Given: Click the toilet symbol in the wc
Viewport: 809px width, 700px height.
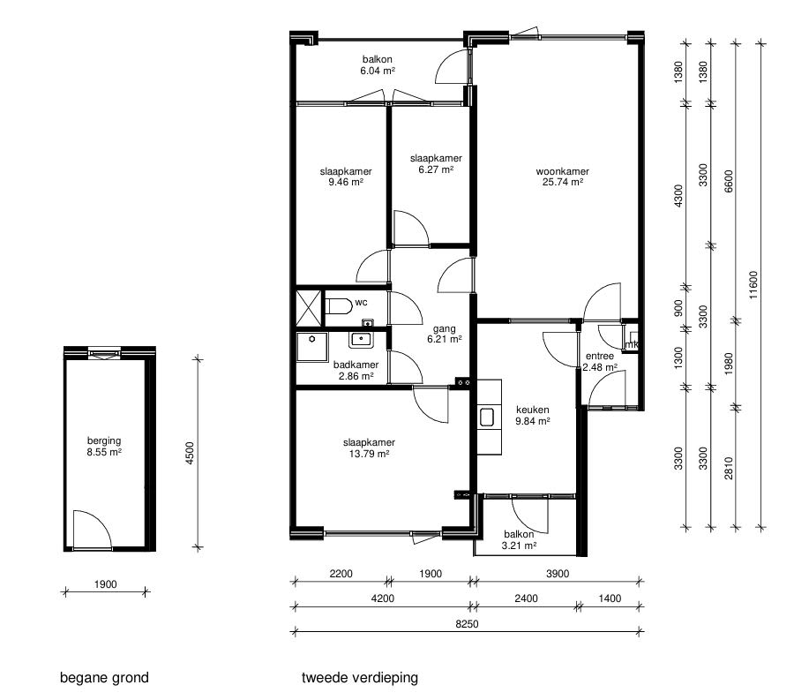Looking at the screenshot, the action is [339, 305].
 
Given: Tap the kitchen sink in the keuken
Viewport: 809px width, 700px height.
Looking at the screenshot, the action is [486, 418].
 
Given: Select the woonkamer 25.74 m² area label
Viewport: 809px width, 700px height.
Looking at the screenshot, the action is [562, 177].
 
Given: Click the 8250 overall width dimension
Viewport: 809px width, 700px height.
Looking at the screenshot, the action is [467, 623].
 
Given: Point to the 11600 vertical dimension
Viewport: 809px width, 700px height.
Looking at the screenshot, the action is [753, 285].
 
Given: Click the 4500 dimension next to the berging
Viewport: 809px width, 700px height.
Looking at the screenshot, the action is [190, 453].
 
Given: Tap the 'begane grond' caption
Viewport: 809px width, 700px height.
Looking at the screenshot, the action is [104, 678].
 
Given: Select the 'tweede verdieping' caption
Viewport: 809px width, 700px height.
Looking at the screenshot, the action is [360, 677].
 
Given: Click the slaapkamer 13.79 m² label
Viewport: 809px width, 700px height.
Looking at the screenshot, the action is [369, 448].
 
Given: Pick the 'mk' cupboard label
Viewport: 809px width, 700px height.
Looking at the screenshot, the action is [632, 344].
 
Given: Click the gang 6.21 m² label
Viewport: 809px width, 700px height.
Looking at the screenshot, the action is [445, 334].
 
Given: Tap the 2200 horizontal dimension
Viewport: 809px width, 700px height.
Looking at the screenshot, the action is [341, 574].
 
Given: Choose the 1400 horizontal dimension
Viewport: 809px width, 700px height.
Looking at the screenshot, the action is [610, 598].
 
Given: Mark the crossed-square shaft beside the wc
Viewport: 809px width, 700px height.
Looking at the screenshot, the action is [309, 308].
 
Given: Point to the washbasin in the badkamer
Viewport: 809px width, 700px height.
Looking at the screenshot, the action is [361, 339].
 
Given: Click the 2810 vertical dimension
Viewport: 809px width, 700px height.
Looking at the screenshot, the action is [728, 468].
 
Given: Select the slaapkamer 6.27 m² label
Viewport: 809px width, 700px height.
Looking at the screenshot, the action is [436, 164].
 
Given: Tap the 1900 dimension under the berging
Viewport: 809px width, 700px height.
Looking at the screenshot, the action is [105, 584].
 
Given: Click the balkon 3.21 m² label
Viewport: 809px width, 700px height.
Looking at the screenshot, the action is [519, 539].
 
